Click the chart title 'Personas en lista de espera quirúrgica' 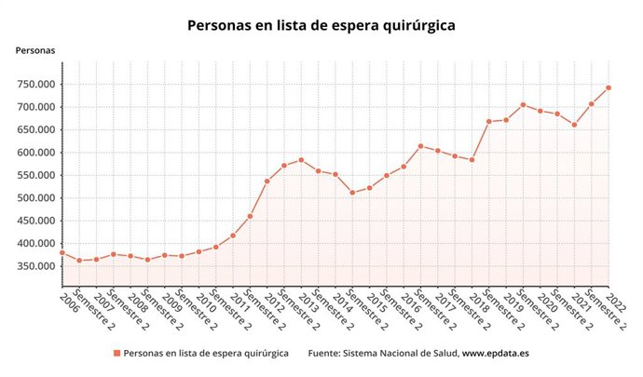(321, 25)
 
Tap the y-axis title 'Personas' (34, 50)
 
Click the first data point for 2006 (62, 252)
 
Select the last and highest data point (609, 88)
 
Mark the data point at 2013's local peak (301, 160)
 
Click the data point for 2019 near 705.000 (523, 104)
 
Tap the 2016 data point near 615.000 (420, 145)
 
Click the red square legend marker (116, 354)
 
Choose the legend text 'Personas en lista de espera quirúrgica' (206, 354)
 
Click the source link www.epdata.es (496, 354)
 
